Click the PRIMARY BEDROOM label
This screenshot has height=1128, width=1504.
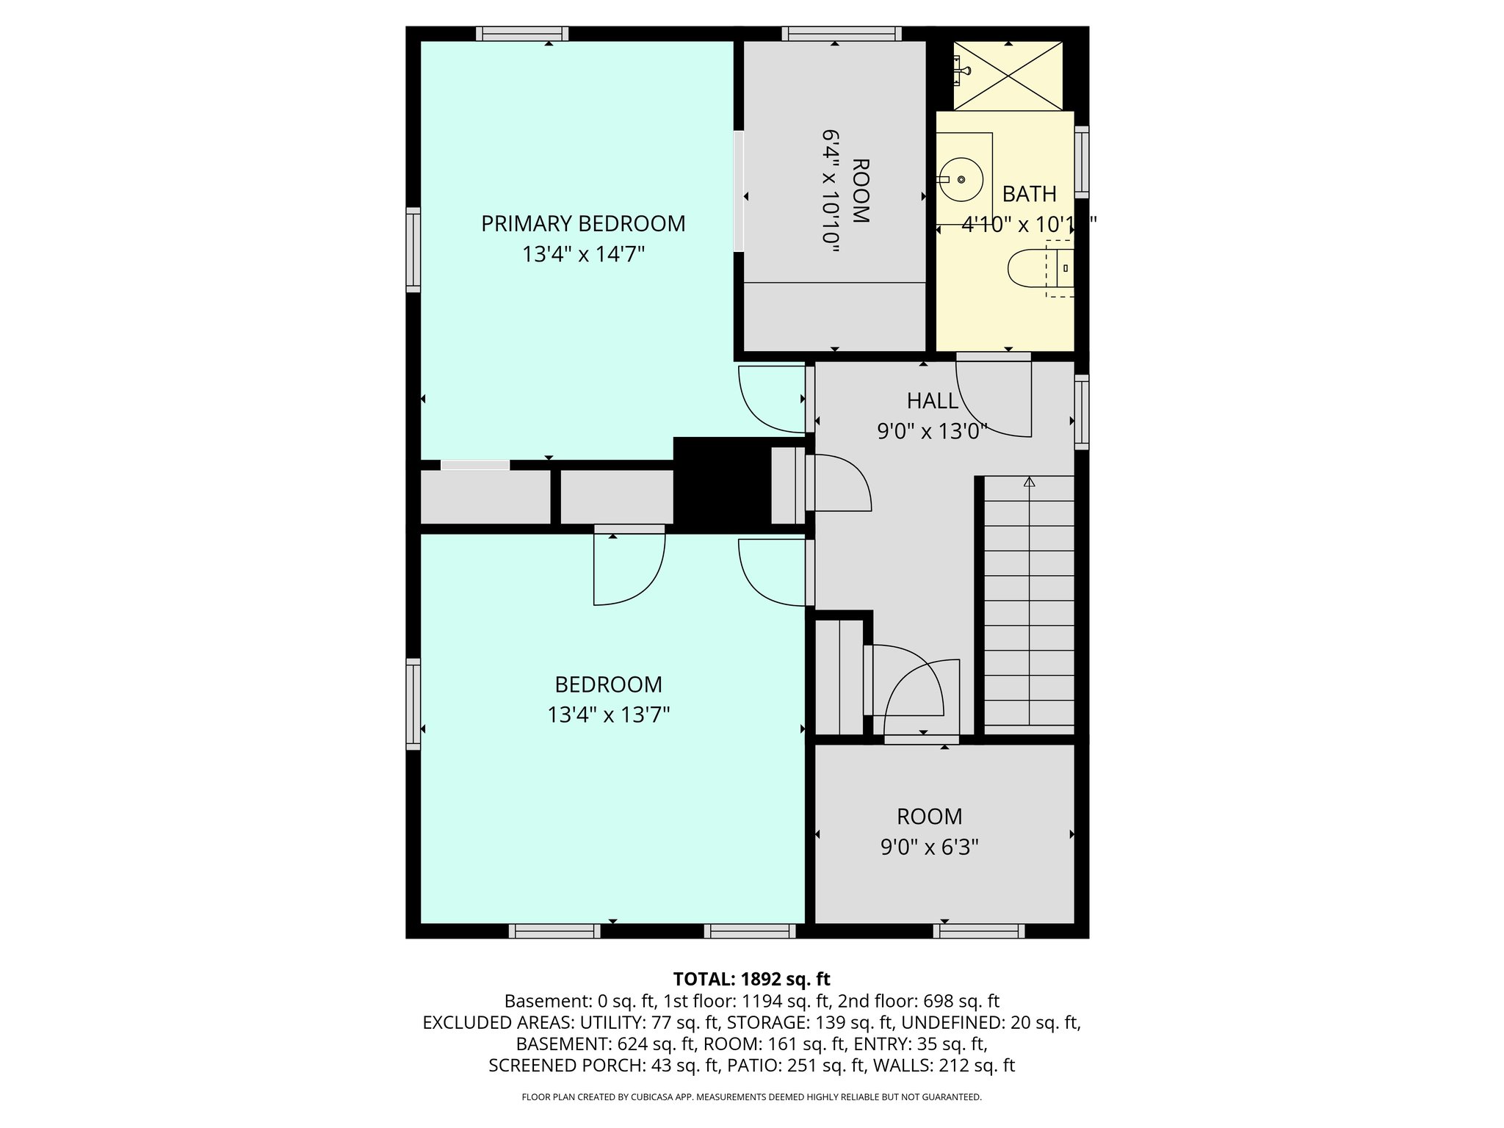(583, 223)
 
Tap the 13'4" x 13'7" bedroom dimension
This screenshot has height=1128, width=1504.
(608, 715)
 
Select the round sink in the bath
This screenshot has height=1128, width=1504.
(962, 179)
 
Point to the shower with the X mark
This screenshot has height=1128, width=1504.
(1008, 76)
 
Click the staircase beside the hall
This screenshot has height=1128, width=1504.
(1028, 602)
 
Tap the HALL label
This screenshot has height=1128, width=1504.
(932, 401)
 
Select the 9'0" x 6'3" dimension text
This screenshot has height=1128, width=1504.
(929, 847)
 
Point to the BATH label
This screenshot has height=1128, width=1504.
(1029, 194)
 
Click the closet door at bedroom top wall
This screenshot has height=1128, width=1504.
(628, 565)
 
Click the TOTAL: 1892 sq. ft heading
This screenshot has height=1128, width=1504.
(751, 979)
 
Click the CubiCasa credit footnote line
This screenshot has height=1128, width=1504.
(751, 1097)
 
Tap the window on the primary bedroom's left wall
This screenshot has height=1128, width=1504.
(413, 250)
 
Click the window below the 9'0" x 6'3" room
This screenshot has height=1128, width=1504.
(979, 931)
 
